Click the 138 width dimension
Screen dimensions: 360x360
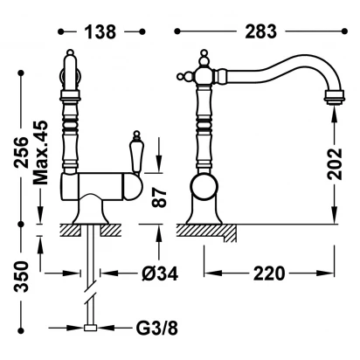click(100, 31)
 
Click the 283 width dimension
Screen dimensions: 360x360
click(260, 31)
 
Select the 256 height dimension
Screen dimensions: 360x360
click(22, 152)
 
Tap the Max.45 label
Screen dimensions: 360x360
click(40, 153)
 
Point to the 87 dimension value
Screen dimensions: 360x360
click(159, 197)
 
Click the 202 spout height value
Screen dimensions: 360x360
click(335, 164)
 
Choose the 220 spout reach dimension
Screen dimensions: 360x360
click(269, 273)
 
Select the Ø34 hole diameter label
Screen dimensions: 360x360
click(160, 273)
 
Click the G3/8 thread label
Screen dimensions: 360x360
click(156, 329)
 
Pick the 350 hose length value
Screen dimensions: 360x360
click(22, 277)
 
